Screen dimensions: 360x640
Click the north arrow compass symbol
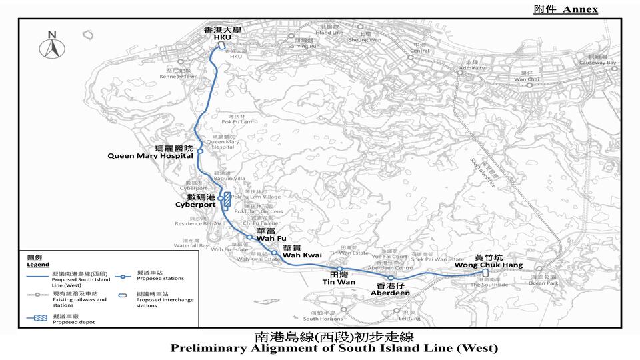pyautogui.click(x=51, y=46)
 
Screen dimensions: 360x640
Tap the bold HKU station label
pyautogui.click(x=221, y=38)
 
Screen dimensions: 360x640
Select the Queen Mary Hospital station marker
pyautogui.click(x=199, y=151)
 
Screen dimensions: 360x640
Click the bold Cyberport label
pyautogui.click(x=195, y=205)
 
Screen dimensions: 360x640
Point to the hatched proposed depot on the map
pyautogui.click(x=227, y=199)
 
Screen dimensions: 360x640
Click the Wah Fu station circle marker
pyautogui.click(x=249, y=237)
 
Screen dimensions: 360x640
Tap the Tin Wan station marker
pyautogui.click(x=339, y=269)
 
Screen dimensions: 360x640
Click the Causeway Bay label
pyautogui.click(x=601, y=63)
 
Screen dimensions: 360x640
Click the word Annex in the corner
pyautogui.click(x=579, y=9)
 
